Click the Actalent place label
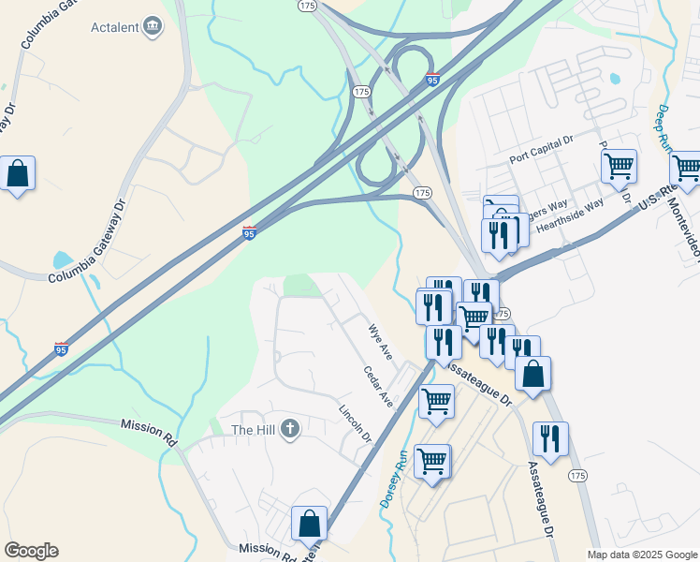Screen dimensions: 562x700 (x=114, y=26)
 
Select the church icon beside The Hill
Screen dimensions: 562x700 (x=290, y=429)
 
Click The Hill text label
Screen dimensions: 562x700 (x=253, y=430)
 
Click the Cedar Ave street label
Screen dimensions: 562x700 (x=378, y=386)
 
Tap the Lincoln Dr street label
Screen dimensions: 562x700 (x=355, y=424)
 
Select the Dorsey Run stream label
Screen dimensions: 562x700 (x=391, y=478)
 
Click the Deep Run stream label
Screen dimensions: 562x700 (x=664, y=129)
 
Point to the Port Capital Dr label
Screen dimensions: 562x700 (x=541, y=150)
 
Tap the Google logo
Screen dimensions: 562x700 (x=31, y=551)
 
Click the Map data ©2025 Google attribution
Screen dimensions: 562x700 (x=642, y=555)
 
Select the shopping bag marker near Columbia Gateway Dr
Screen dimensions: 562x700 (x=17, y=174)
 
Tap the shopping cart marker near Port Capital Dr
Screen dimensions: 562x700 (x=619, y=168)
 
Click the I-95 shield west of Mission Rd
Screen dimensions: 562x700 (x=61, y=349)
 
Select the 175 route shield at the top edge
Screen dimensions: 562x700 (x=307, y=6)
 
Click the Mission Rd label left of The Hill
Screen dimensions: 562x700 (x=149, y=424)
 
